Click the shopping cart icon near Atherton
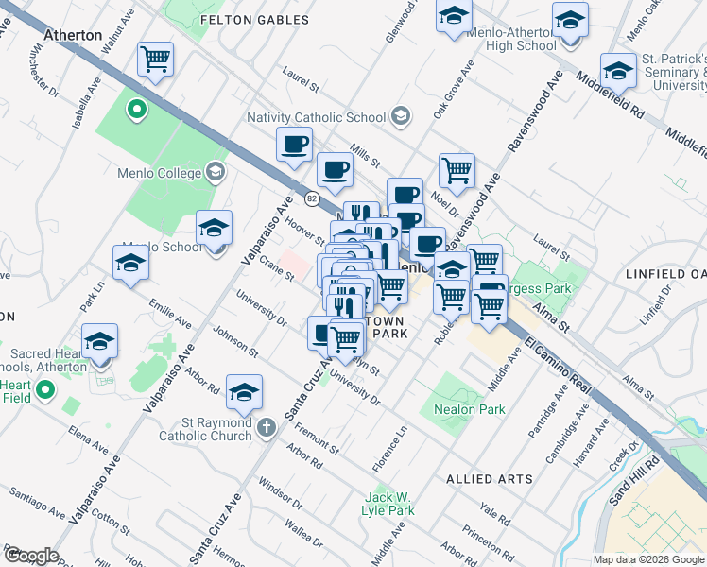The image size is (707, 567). [x=155, y=60]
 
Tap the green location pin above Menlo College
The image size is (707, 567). [x=136, y=111]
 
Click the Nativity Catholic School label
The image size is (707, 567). [x=316, y=117]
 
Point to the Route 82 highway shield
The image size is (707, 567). [x=311, y=198]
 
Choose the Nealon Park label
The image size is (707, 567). [x=469, y=409]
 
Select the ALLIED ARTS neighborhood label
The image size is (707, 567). [x=489, y=479]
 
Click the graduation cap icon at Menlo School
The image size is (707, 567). [x=215, y=228]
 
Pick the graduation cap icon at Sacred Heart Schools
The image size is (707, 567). [x=99, y=340]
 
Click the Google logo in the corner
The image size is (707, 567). [x=31, y=555]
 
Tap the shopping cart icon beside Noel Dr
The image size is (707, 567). [x=457, y=171]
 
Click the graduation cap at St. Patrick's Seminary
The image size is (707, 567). [x=618, y=71]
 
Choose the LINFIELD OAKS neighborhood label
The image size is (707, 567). [x=665, y=274]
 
